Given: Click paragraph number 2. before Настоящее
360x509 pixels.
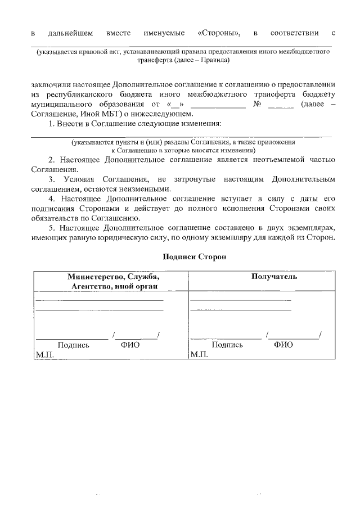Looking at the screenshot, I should (x=51, y=160).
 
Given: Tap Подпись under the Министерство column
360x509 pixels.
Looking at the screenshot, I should (x=73, y=345).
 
